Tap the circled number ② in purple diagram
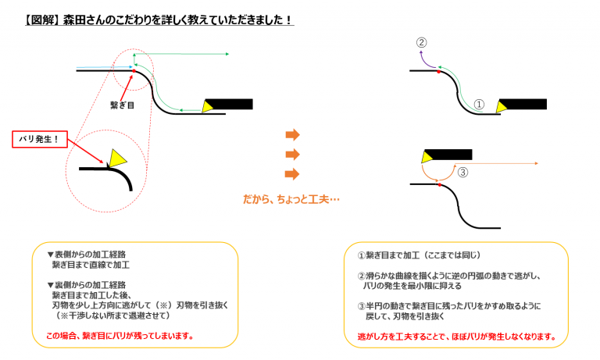click(x=421, y=43)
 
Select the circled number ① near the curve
click(x=480, y=104)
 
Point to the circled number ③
click(x=462, y=173)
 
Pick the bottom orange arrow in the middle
click(x=292, y=173)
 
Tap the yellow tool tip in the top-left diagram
click(x=209, y=107)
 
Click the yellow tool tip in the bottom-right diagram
click(x=429, y=157)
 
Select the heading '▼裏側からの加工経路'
click(x=87, y=284)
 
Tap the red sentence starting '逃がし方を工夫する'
click(x=456, y=337)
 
